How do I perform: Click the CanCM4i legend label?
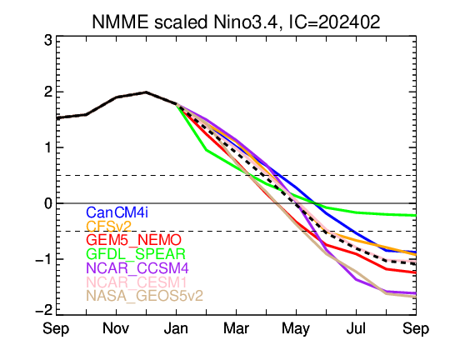click(x=117, y=212)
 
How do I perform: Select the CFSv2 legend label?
click(x=109, y=227)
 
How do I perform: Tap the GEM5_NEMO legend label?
click(x=133, y=240)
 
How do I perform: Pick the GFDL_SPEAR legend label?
click(x=136, y=254)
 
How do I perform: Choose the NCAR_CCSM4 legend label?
click(x=137, y=268)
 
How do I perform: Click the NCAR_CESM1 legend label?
click(x=137, y=282)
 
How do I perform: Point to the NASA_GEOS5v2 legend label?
click(x=145, y=296)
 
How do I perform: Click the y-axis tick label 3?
click(x=48, y=41)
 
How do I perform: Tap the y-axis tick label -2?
click(x=44, y=311)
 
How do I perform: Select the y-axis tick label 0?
click(x=48, y=203)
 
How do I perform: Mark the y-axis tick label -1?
click(x=44, y=259)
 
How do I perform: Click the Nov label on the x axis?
click(x=116, y=328)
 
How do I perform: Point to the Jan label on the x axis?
click(x=176, y=328)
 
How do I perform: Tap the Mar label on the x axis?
click(x=236, y=328)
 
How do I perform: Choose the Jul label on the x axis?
click(x=356, y=328)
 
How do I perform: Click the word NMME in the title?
click(x=120, y=22)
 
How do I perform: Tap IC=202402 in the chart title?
click(x=334, y=22)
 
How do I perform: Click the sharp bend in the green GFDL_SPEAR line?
click(x=207, y=150)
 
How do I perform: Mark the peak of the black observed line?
click(x=146, y=92)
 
